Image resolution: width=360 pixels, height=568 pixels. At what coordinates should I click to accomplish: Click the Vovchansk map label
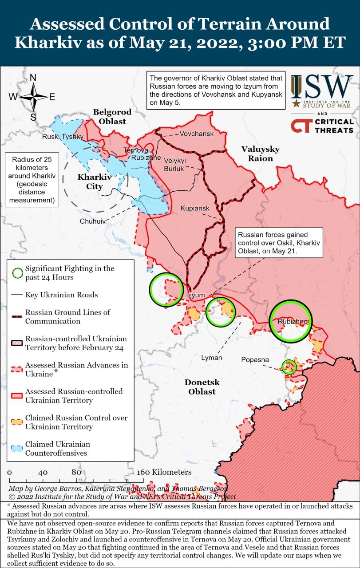pos(196,134)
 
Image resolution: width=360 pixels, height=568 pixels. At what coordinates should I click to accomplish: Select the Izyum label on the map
pos(195,295)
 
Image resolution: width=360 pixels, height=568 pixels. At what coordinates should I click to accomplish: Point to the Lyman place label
pos(211,358)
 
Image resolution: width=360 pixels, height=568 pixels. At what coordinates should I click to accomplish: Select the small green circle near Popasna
pos(289,367)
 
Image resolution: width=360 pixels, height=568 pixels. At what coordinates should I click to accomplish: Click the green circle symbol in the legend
pos(17,273)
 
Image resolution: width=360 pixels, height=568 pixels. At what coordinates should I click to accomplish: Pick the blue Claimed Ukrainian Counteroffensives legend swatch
pos(17,448)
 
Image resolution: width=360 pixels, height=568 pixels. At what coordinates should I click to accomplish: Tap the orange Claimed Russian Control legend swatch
pos(17,422)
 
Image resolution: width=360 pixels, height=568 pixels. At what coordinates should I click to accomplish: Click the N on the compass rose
pos(33,78)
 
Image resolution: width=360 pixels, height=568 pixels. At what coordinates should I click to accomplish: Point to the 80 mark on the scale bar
pos(76,472)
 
